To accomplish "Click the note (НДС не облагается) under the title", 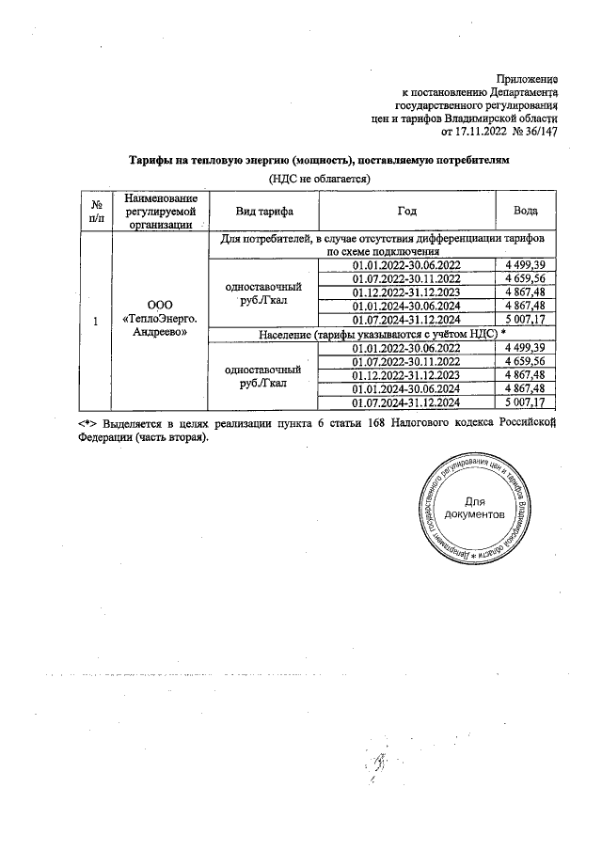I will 320,178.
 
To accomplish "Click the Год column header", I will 407,211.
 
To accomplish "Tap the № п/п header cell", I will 96,211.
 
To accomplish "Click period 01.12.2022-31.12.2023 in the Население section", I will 406,375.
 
